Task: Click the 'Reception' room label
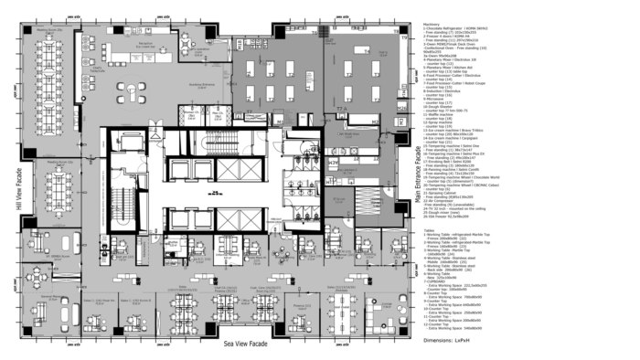pyautogui.click(x=145, y=42)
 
